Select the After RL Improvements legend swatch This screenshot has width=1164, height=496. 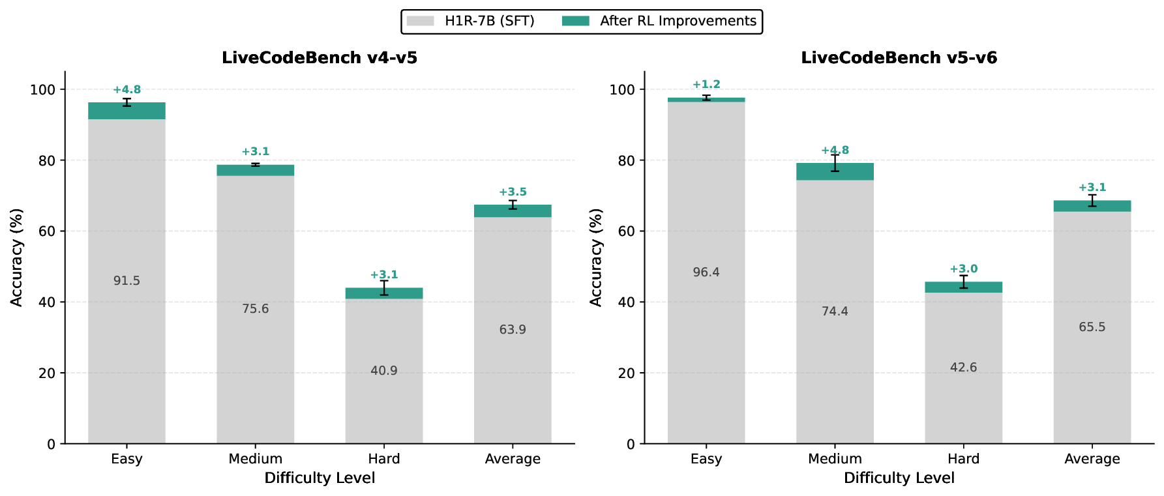pos(575,21)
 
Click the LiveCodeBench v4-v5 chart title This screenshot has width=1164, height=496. pos(320,58)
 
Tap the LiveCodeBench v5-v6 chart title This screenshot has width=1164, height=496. pos(899,58)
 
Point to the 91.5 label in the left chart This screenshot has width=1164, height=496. pos(127,281)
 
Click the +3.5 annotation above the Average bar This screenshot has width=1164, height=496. pos(513,192)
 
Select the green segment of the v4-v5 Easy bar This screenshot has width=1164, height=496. pos(127,111)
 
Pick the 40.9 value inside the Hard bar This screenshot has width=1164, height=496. pos(383,371)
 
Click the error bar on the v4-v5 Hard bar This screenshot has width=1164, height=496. pos(384,288)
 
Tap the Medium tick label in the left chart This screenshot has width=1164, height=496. pos(255,459)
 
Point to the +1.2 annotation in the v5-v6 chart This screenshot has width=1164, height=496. pos(706,85)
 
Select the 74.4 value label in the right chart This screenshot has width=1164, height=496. pos(835,312)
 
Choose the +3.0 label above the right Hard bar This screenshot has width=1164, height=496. pos(963,269)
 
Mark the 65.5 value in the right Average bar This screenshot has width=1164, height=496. pos(1092,327)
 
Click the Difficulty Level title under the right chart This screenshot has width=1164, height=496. pos(899,478)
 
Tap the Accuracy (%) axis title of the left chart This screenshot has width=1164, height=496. pos(17,257)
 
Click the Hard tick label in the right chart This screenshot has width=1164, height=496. pos(963,459)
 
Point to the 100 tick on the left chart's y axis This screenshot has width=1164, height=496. pos(42,90)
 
